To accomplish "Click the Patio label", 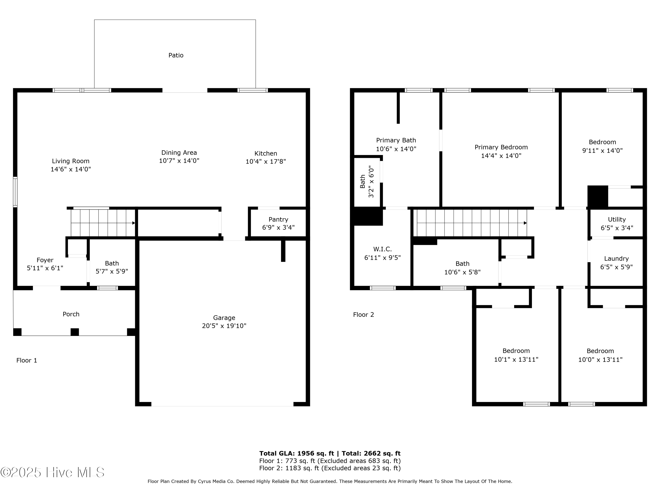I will coord(176,55).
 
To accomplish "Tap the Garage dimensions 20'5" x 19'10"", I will coord(224,326).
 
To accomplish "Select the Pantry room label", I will coord(278,219).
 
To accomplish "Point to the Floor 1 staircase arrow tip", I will coord(134,223).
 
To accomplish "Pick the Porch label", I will coord(71,314).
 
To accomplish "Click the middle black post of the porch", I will coord(75,332).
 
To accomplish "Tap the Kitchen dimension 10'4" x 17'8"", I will coord(266,161).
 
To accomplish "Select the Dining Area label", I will coord(179,152).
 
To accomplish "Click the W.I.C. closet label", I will coord(382,249).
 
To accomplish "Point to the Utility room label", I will coord(617,219).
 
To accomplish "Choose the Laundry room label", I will coord(616,258).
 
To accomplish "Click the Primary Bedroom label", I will coord(501,147).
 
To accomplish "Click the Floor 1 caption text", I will coord(27,360).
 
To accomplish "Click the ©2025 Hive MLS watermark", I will coord(53,472).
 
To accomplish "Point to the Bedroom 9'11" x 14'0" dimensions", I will coord(602,150).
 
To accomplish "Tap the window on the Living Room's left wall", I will coord(15,192).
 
